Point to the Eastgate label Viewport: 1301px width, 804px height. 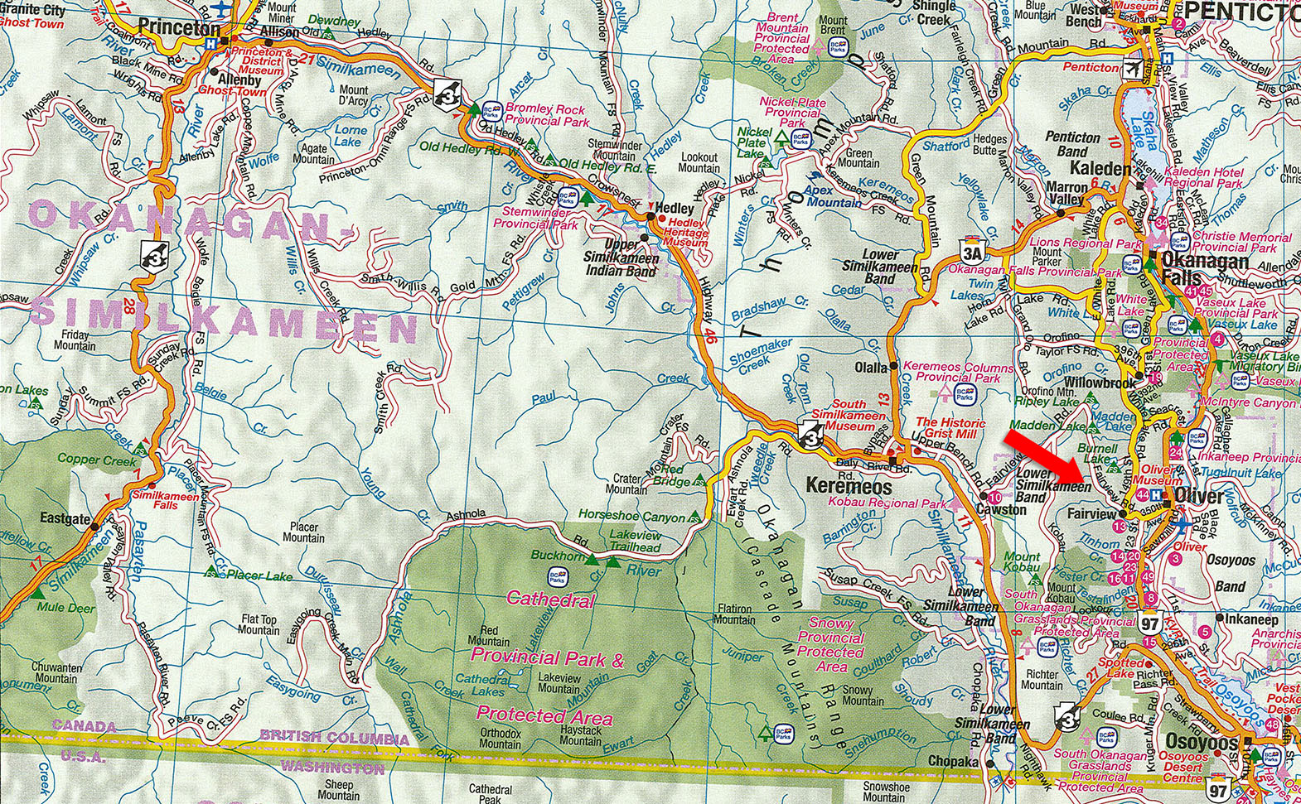pyautogui.click(x=65, y=519)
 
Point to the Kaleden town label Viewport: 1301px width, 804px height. pyautogui.click(x=1100, y=168)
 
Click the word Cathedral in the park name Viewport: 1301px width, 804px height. pyautogui.click(x=550, y=599)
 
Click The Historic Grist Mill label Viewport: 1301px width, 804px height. pyautogui.click(x=950, y=428)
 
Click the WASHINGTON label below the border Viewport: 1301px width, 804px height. pyautogui.click(x=331, y=768)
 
